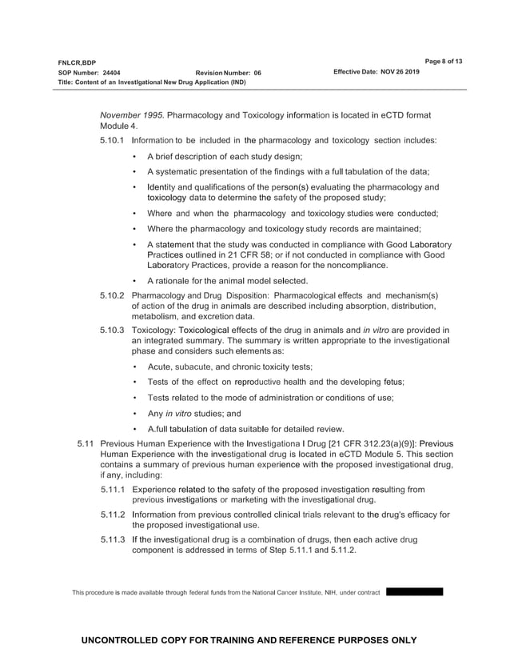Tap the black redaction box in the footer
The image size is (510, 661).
(413, 592)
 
